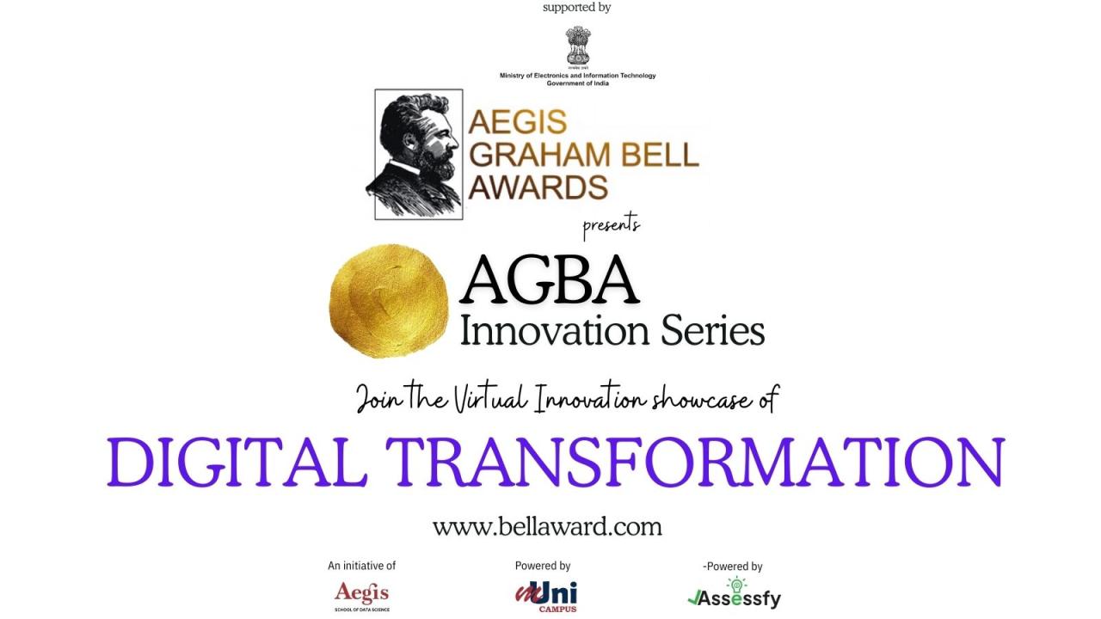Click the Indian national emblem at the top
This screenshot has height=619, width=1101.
[x=577, y=47]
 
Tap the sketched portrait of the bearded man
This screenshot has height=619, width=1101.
[x=418, y=154]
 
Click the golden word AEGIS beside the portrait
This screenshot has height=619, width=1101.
[x=518, y=122]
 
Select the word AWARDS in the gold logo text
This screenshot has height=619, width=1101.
[x=538, y=187]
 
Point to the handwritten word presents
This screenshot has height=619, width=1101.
[x=612, y=226]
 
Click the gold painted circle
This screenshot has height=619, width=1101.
[x=389, y=301]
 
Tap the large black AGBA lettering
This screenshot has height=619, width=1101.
[x=549, y=279]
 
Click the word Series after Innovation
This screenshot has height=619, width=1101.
[x=713, y=331]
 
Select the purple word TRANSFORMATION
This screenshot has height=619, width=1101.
[x=695, y=463]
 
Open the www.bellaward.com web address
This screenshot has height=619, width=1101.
[x=547, y=527]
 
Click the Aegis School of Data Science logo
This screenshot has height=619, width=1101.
[x=362, y=596]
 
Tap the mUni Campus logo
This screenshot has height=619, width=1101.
[x=546, y=597]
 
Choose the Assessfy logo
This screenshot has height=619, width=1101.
[x=735, y=593]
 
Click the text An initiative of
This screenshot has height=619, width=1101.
[x=362, y=566]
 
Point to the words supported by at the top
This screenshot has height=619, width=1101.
[x=577, y=8]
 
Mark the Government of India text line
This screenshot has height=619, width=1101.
[x=577, y=83]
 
